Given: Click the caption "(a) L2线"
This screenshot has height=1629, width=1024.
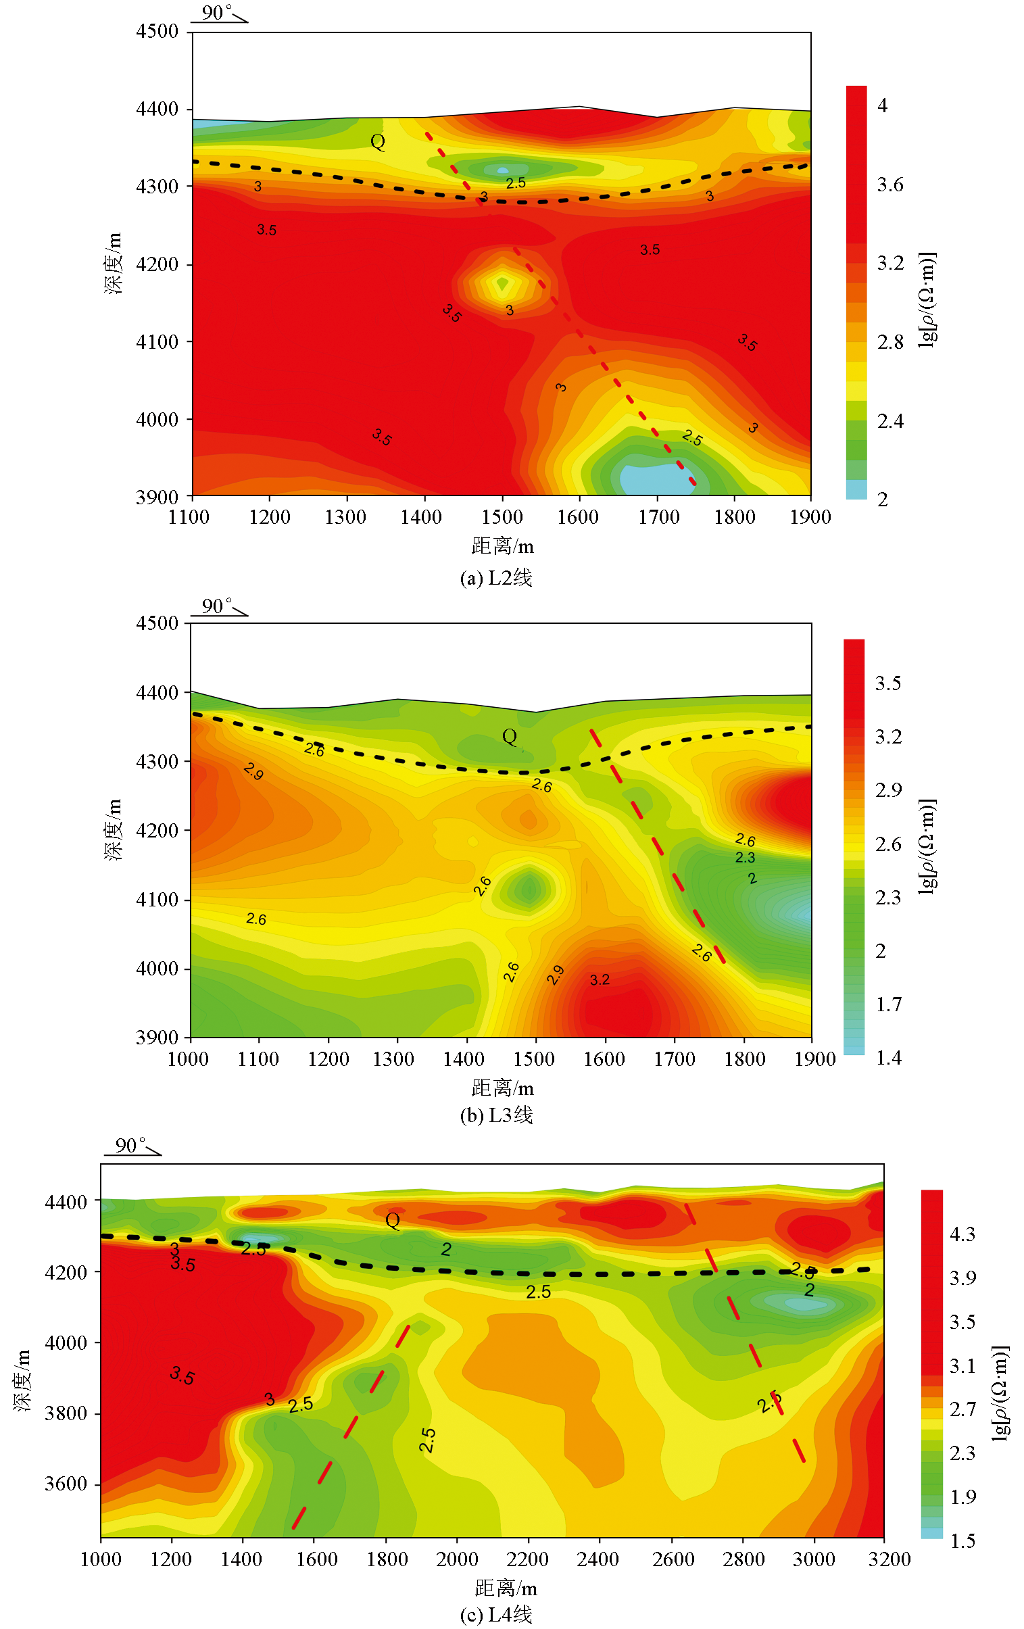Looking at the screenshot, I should coord(495,578).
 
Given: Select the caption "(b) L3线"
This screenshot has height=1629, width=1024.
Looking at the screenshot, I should coord(495,1115).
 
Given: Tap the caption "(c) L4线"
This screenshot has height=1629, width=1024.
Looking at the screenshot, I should coord(495,1615).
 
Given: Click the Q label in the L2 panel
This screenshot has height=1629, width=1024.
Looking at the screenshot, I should coord(377,142).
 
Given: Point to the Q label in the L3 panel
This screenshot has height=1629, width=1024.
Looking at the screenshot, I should coord(510,737).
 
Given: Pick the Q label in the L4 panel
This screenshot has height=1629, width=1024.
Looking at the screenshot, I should coord(392,1220).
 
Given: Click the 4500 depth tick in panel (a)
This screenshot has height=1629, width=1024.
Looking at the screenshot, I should coord(157,31).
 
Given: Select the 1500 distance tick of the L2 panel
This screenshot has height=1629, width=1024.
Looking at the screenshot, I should coord(502,518).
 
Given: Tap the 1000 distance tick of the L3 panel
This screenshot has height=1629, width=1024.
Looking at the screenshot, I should coord(188,1059).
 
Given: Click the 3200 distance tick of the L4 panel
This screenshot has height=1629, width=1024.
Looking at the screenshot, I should coord(889,1559).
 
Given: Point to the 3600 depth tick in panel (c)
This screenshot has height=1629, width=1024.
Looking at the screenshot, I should coord(66,1484).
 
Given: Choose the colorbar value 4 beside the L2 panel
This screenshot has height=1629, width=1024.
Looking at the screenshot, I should coord(882,105).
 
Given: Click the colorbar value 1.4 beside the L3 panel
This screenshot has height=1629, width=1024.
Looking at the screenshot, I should coord(888,1057).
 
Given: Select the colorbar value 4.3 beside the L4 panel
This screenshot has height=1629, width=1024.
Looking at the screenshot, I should coord(962,1235).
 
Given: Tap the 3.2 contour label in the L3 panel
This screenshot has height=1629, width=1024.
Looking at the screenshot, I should coord(600,979).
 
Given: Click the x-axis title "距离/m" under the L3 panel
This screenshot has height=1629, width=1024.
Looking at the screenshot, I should coord(502,1088).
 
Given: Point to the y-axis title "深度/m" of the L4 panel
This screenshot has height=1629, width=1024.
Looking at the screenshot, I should coord(22,1380).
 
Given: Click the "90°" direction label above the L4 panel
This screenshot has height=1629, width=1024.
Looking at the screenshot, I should coord(130,1145).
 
